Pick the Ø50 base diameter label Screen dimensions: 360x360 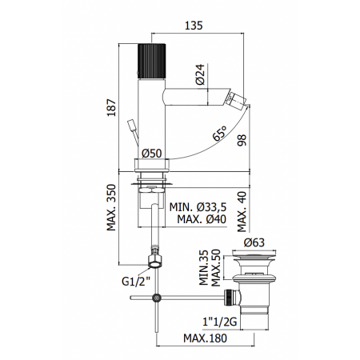coord(153,152)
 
